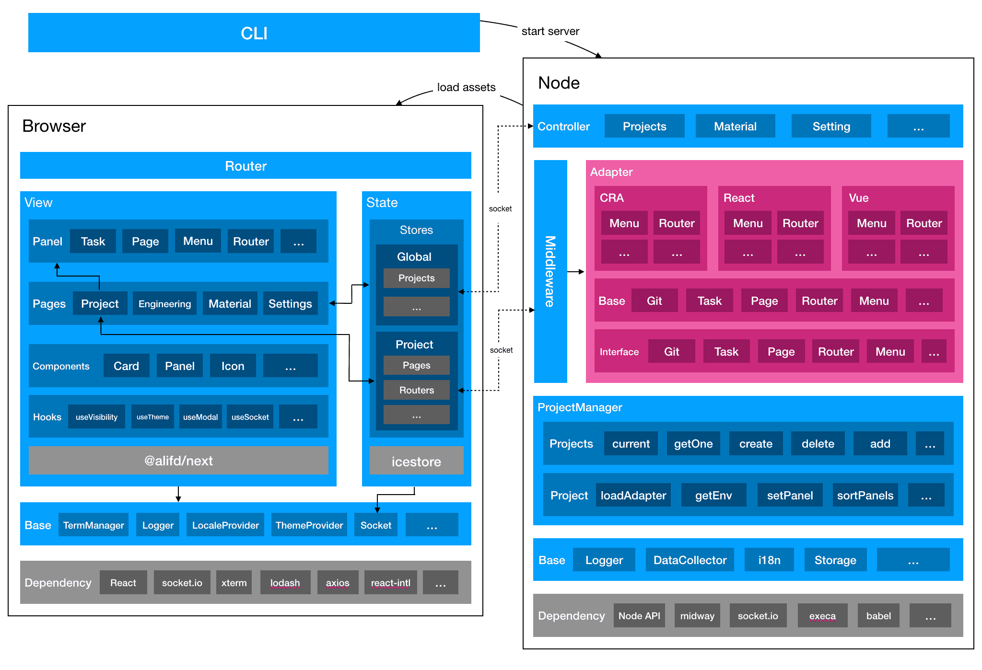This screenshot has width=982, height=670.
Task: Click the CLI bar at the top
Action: click(x=254, y=33)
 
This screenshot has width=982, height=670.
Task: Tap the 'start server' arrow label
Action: click(x=550, y=31)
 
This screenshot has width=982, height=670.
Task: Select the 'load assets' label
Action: click(x=466, y=87)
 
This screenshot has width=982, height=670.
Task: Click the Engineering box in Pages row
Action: click(x=164, y=303)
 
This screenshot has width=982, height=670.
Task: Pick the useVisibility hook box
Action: click(x=96, y=416)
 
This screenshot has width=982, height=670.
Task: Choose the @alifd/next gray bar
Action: click(x=178, y=461)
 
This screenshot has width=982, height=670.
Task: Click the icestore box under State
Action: click(x=416, y=461)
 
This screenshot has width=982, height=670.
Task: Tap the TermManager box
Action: click(x=94, y=525)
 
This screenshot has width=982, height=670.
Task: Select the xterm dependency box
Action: click(x=234, y=582)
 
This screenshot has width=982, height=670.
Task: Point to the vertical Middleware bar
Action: click(x=550, y=271)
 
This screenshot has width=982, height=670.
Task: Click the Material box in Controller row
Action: click(x=735, y=126)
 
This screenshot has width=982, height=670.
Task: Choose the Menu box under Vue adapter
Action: click(x=871, y=223)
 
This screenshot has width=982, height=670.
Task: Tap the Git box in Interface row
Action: click(x=671, y=351)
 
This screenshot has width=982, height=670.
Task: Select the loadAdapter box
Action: click(x=633, y=495)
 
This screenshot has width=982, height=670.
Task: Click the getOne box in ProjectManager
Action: click(x=693, y=443)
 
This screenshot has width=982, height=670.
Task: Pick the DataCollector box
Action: click(x=690, y=560)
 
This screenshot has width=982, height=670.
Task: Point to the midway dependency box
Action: click(x=697, y=615)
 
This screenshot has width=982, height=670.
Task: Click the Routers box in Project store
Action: click(x=416, y=390)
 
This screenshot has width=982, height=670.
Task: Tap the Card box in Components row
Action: click(x=126, y=366)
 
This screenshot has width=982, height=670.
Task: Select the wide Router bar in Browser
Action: click(x=245, y=166)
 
